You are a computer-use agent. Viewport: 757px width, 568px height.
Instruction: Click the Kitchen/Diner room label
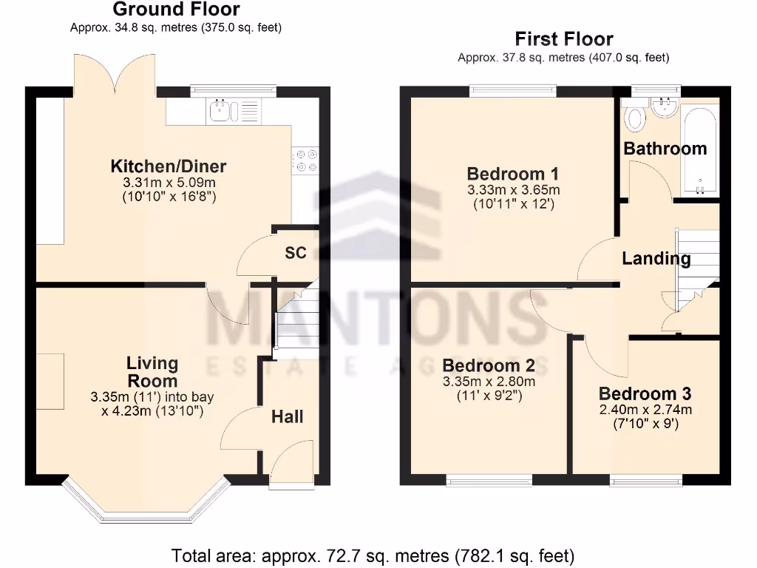[169, 166]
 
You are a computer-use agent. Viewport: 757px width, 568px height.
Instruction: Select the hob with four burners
[306, 160]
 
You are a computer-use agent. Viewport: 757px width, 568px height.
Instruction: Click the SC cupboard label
[296, 253]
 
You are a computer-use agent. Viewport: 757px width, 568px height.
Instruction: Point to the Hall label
[287, 417]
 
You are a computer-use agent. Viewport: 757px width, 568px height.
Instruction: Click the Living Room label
[152, 372]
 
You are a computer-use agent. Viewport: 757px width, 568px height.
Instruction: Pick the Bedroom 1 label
[513, 174]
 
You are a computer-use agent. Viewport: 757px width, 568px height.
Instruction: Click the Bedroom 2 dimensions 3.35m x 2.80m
[489, 382]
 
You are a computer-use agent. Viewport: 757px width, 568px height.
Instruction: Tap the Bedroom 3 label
[645, 393]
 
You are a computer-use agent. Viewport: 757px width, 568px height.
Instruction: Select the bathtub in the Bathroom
[699, 148]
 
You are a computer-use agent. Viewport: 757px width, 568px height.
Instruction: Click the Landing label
[656, 258]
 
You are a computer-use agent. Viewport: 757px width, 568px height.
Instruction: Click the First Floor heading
[563, 38]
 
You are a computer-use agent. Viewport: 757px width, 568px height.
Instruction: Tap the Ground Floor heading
[176, 10]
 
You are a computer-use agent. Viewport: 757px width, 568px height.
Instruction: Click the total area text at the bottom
[373, 555]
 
